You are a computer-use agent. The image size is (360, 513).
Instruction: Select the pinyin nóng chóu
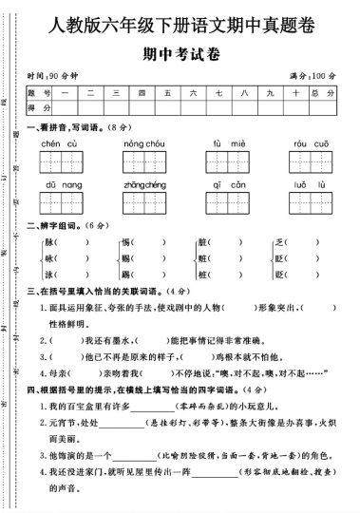(144, 142)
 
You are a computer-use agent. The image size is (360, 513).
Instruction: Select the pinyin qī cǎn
(225, 183)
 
